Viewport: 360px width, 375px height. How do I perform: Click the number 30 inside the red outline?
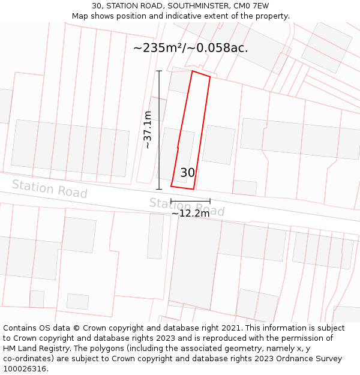click(x=187, y=173)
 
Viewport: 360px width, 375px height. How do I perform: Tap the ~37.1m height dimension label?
click(x=148, y=130)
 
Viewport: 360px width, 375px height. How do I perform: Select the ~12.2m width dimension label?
click(x=191, y=213)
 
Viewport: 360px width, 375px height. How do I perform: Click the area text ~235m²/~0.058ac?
click(x=190, y=48)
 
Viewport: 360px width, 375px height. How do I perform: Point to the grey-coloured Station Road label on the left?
click(x=49, y=189)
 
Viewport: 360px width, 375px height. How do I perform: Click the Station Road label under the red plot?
click(x=187, y=207)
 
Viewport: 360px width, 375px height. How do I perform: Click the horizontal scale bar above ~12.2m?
click(x=190, y=200)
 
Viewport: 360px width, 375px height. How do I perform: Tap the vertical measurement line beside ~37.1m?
click(x=159, y=130)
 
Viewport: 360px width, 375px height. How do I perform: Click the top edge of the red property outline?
click(x=201, y=74)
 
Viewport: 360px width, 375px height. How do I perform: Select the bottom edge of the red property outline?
click(x=182, y=188)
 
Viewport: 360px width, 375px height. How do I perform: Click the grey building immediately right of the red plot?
click(x=218, y=145)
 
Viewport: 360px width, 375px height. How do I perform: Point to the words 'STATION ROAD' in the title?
click(x=133, y=6)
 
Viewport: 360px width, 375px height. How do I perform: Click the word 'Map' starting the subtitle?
click(x=80, y=16)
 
